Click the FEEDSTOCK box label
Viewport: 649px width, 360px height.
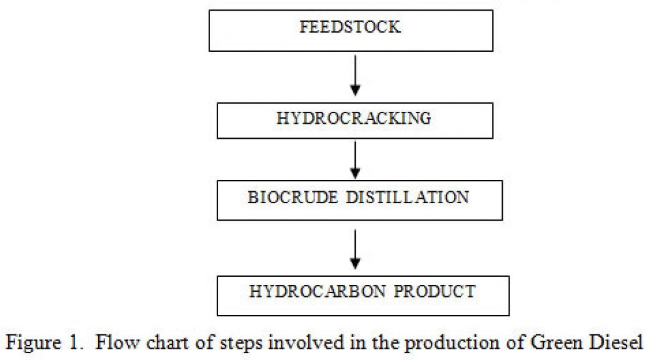pyautogui.click(x=350, y=27)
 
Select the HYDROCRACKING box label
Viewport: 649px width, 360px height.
pyautogui.click(x=354, y=118)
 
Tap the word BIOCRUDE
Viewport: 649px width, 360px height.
pyautogui.click(x=293, y=197)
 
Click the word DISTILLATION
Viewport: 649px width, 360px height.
pyautogui.click(x=408, y=197)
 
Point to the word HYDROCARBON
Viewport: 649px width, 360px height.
pyautogui.click(x=318, y=292)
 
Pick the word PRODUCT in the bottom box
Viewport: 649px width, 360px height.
pyautogui.click(x=435, y=292)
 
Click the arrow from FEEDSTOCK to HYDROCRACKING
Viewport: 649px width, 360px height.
pyautogui.click(x=355, y=75)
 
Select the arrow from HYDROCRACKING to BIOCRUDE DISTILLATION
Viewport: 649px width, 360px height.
pyautogui.click(x=355, y=160)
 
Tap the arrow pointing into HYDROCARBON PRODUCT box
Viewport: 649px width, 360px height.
pyautogui.click(x=355, y=249)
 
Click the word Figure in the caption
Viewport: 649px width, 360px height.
pyautogui.click(x=34, y=343)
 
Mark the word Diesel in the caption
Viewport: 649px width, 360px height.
pyautogui.click(x=616, y=342)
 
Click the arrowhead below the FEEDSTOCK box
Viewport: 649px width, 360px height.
pyautogui.click(x=355, y=90)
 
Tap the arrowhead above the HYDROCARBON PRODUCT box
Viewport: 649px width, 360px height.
pyautogui.click(x=355, y=264)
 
